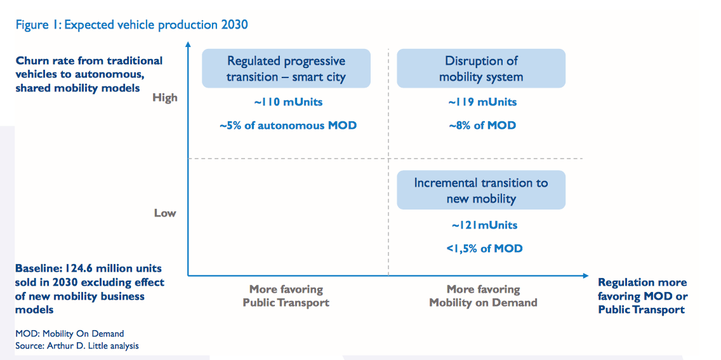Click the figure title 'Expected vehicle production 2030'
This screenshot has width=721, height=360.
point(156,24)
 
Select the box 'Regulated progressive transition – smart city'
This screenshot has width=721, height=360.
point(286,68)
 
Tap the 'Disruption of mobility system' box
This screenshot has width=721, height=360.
point(481,68)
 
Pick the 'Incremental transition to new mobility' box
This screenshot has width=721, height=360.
point(481,190)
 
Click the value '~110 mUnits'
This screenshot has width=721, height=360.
point(288,102)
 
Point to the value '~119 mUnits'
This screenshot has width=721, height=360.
point(482,102)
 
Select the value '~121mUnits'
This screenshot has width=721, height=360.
point(484,225)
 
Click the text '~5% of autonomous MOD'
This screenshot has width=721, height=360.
point(288,125)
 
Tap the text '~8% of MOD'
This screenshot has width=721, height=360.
point(482,125)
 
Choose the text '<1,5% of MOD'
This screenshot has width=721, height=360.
point(484,249)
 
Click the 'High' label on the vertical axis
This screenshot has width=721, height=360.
point(164,98)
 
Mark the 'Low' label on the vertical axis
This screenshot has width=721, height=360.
point(165,213)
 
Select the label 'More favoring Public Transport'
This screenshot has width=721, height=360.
point(286,296)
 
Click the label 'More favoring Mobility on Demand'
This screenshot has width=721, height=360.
point(483,296)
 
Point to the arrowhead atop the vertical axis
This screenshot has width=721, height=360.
point(188,44)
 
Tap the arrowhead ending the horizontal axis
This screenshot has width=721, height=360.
point(585,276)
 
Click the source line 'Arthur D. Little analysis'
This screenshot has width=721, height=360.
point(93,345)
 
